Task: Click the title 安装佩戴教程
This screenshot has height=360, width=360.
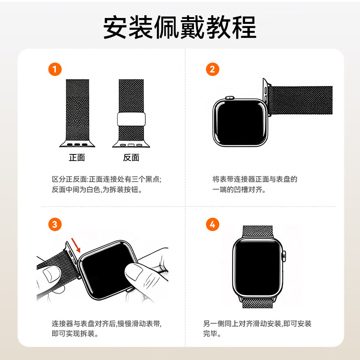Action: coord(180,28)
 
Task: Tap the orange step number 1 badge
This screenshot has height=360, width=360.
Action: coord(55,69)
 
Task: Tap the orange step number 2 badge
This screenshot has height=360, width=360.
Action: coord(212,69)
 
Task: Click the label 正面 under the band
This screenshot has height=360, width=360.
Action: coord(77,157)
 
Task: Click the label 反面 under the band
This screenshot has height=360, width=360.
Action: coord(131,157)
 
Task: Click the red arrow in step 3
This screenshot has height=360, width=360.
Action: coord(76,246)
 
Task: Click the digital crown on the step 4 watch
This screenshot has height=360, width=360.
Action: coord(283,257)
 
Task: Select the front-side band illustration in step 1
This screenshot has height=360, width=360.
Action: coord(77,110)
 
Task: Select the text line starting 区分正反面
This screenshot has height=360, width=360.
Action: coord(107,179)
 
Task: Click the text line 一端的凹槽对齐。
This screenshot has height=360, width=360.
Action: coord(239,190)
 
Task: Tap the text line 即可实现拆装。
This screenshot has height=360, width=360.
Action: coord(75,334)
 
